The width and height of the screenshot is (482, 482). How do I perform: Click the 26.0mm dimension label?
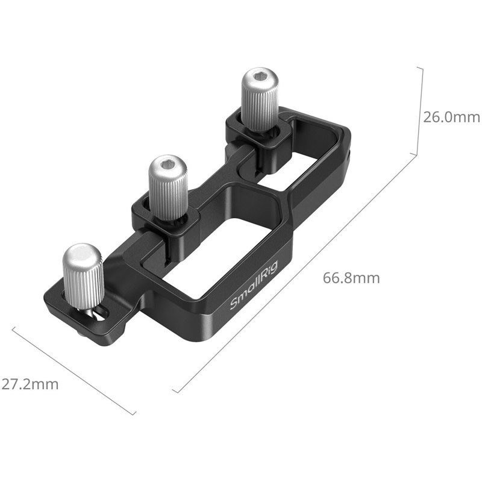(x=451, y=117)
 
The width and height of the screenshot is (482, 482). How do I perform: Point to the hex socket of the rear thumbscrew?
(x=260, y=79)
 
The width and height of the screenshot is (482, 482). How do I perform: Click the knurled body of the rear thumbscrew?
(x=260, y=108)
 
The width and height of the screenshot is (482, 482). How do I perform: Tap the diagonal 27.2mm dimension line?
(x=72, y=371)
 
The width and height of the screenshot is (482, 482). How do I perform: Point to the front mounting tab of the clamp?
(x=66, y=313)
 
